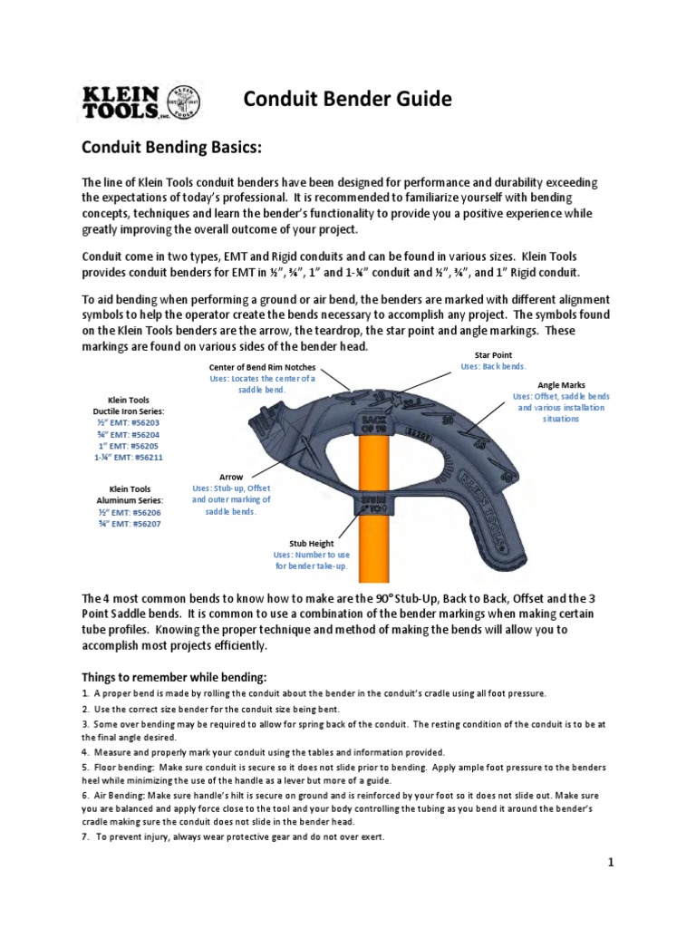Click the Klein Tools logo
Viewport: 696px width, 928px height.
(x=142, y=101)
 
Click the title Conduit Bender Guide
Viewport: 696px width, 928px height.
(x=348, y=99)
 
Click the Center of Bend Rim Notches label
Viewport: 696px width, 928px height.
(x=263, y=366)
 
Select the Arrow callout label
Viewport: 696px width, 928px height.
(x=231, y=476)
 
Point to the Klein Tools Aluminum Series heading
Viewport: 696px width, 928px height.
(x=135, y=495)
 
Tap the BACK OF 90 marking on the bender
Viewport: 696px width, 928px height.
(x=373, y=427)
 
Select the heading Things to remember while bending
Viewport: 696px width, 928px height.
(x=173, y=676)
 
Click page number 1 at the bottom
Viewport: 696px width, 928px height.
(x=611, y=863)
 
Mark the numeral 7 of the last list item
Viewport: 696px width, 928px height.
(x=85, y=836)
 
